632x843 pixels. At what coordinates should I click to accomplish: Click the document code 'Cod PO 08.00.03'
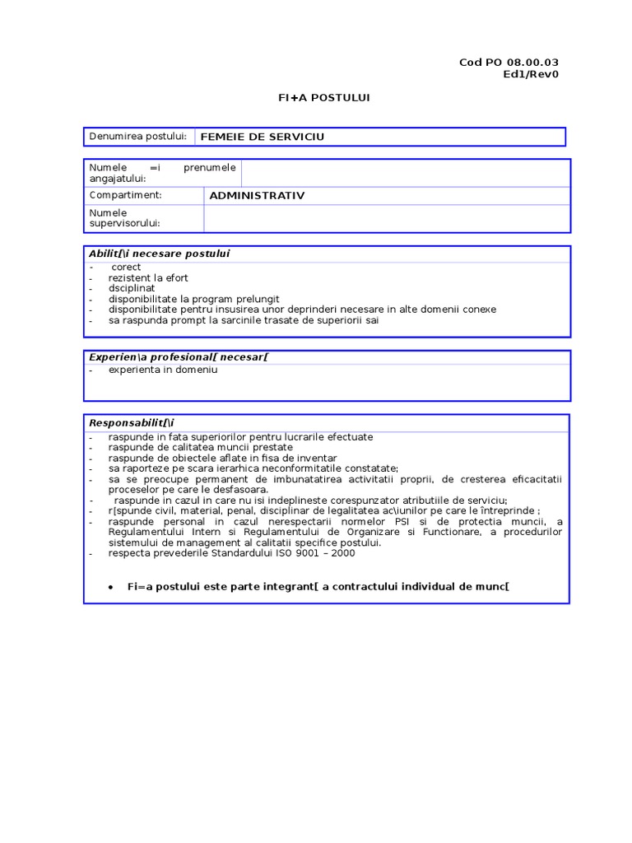509,63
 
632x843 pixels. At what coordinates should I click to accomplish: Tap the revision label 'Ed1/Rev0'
531,74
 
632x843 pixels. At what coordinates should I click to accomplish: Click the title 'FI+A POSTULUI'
324,97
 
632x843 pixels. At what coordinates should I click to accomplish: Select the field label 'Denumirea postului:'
138,136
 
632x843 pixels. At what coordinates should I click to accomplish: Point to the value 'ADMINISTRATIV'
257,195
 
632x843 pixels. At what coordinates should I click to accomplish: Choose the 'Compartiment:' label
125,195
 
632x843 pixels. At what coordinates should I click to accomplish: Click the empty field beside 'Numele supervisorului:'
385,218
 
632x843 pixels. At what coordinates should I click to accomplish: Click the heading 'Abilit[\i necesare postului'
159,254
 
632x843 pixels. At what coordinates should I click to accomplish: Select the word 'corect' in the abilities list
126,268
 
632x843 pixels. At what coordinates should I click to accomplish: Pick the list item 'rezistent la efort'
147,278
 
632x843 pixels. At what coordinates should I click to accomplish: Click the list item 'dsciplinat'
132,289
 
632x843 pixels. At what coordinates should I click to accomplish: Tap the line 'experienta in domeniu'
162,370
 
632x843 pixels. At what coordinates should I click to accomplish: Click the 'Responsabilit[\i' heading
131,422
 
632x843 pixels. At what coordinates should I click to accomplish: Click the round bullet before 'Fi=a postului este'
110,588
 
